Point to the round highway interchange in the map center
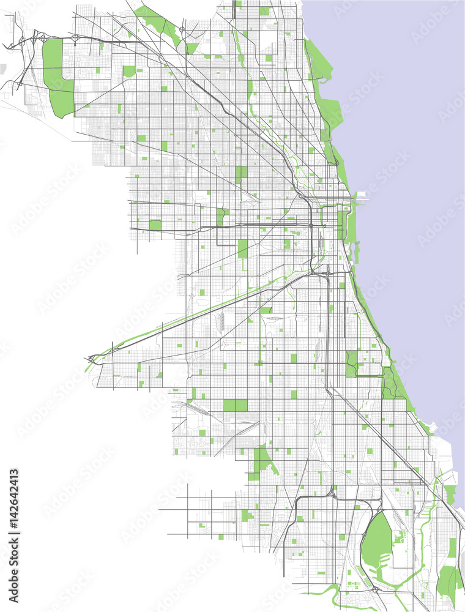[x=311, y=226]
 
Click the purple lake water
[x=404, y=122]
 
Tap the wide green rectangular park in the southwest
[x=236, y=405]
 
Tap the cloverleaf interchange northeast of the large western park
[x=76, y=38]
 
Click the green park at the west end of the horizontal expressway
[x=155, y=225]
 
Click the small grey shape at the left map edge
[x=3, y=69]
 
